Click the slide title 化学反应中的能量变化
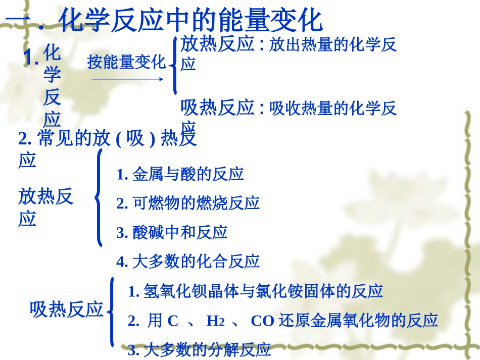click(x=190, y=21)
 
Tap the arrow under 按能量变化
click(x=127, y=79)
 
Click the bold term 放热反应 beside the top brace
click(x=217, y=45)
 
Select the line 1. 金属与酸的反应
click(x=180, y=174)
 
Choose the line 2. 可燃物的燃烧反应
click(x=188, y=203)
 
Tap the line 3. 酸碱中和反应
click(x=172, y=232)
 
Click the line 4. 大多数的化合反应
click(x=188, y=262)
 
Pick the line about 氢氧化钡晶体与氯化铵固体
click(x=255, y=291)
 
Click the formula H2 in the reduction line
click(x=215, y=321)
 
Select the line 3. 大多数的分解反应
click(x=200, y=349)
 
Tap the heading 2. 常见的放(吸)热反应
click(x=107, y=139)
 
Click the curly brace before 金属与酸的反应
click(x=99, y=197)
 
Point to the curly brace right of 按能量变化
click(x=174, y=64)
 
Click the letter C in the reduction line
click(x=173, y=321)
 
